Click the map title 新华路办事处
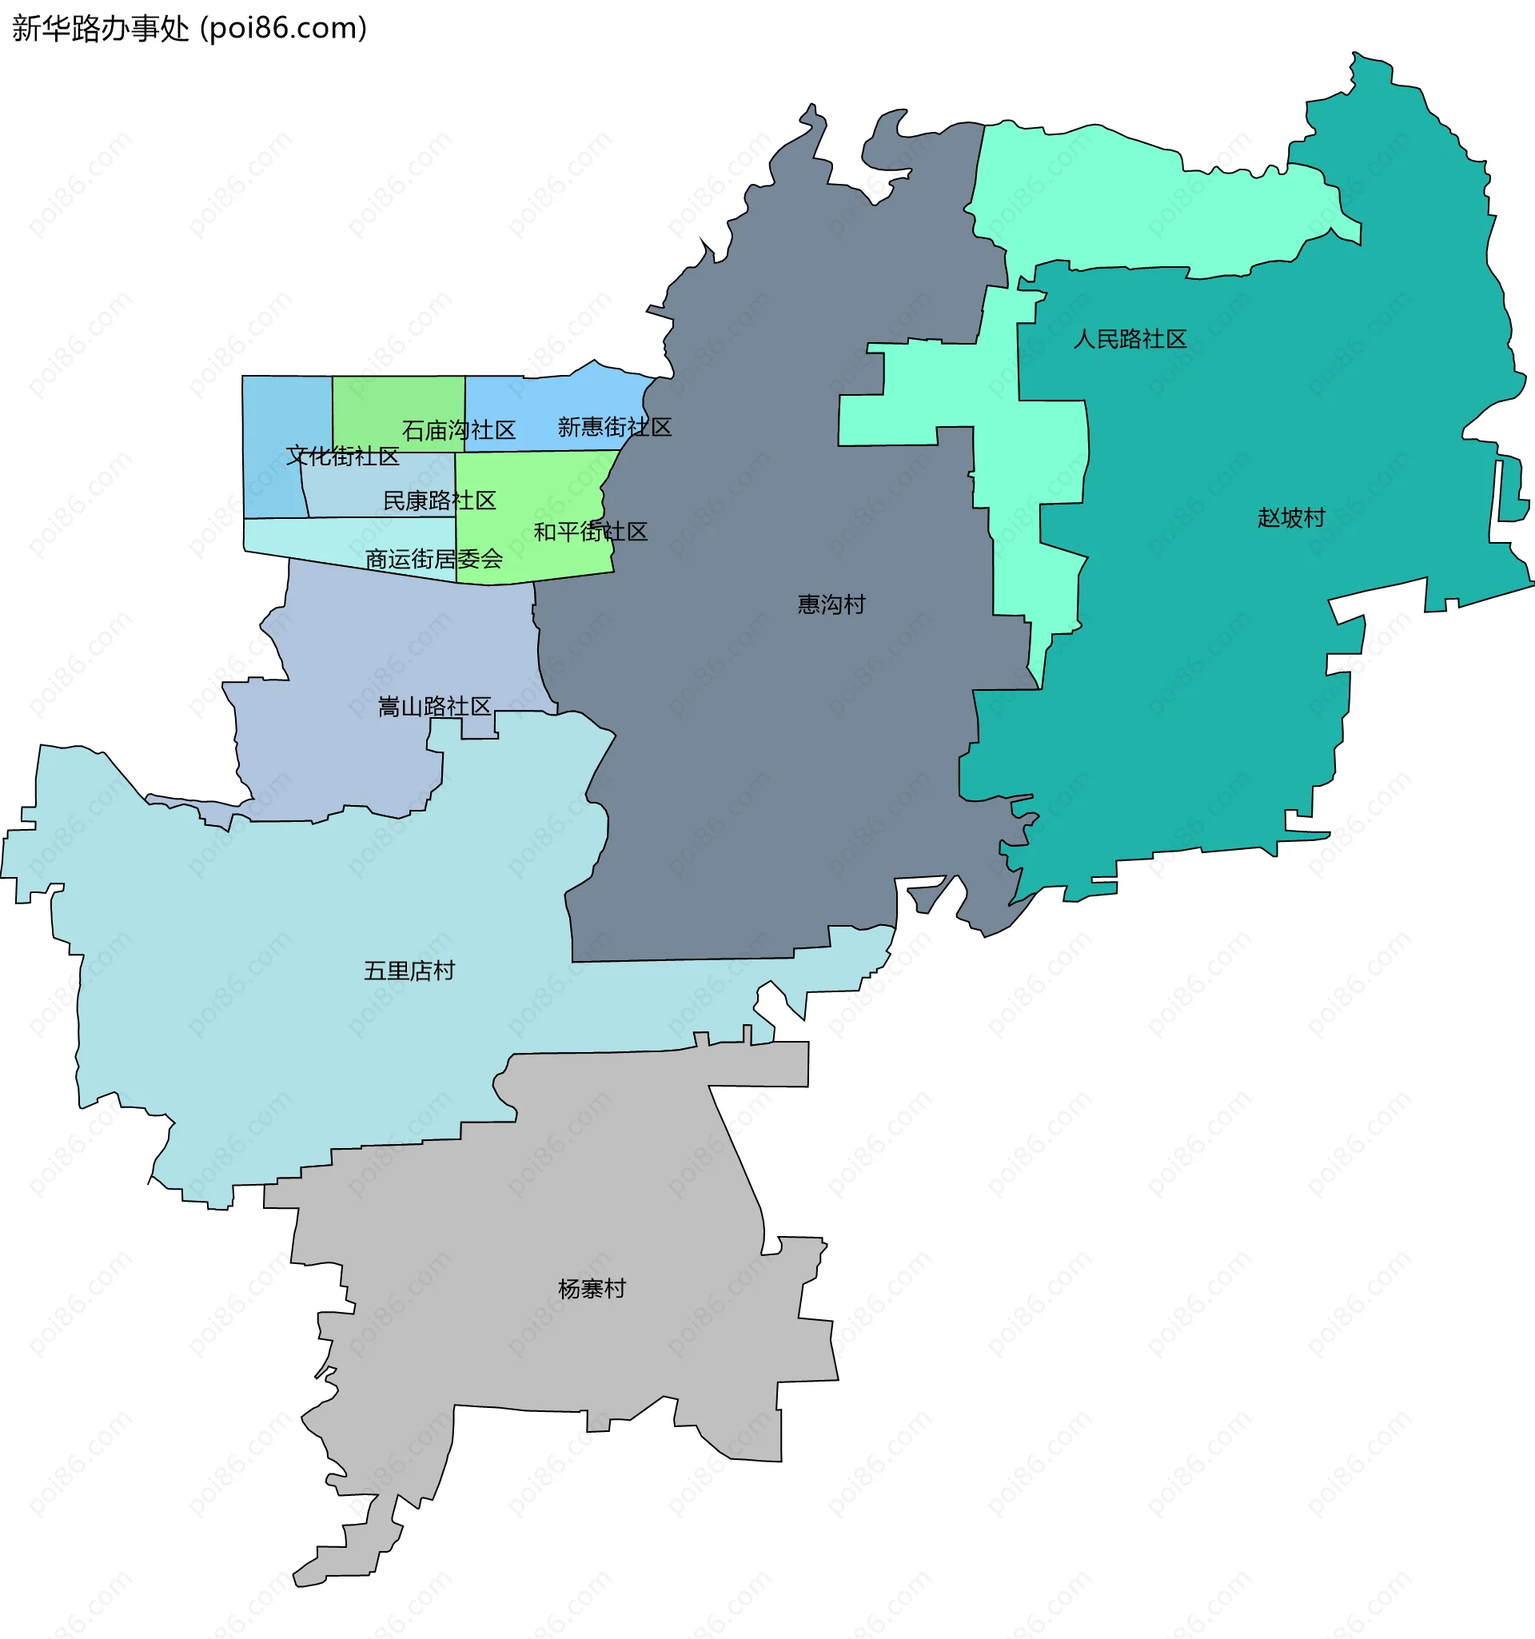tap(101, 29)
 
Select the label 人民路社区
tap(1130, 339)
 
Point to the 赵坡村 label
tap(1291, 518)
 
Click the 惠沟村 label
tap(831, 604)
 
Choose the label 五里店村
tap(409, 971)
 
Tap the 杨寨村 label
tap(592, 1289)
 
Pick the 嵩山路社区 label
tap(434, 707)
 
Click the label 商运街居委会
tap(433, 560)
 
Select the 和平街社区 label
tap(590, 532)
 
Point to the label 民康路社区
tap(440, 500)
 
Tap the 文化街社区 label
tap(342, 456)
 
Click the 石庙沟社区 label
tap(458, 429)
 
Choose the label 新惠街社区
tap(614, 427)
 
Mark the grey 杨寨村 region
tap(577, 1195)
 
